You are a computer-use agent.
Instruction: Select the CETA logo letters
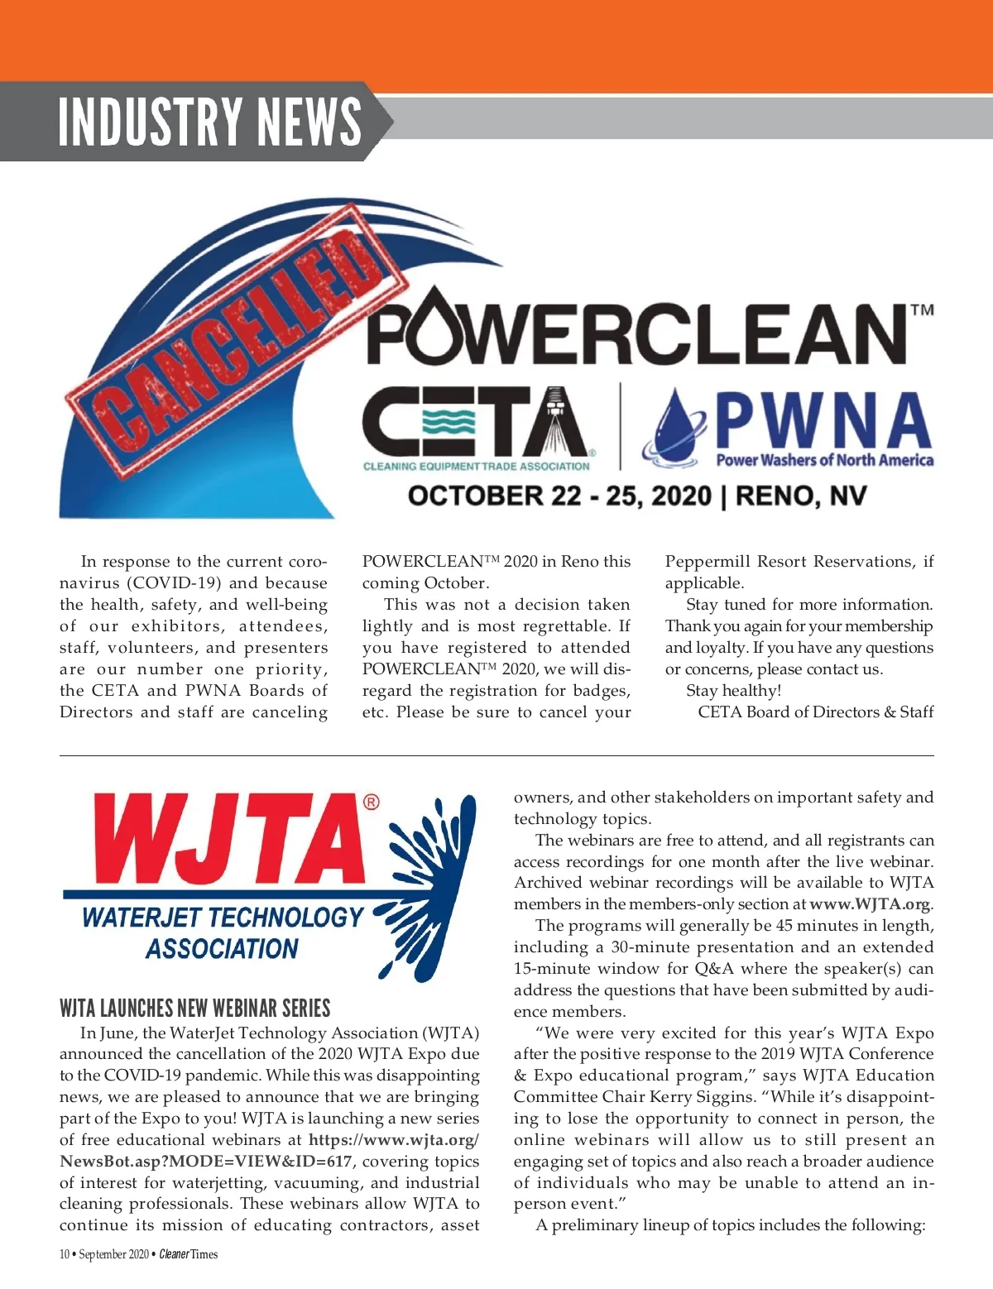(x=476, y=422)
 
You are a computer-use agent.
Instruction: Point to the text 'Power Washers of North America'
(x=824, y=460)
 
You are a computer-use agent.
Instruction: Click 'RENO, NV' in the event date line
(x=800, y=496)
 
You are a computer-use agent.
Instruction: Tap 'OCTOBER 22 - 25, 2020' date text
(x=559, y=496)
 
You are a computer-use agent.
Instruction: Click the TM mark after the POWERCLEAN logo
(x=922, y=311)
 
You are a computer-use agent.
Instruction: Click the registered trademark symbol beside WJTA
(x=372, y=803)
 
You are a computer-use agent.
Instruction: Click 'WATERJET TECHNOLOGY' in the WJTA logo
(x=222, y=917)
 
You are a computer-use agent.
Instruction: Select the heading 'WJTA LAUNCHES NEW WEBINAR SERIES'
(x=194, y=1008)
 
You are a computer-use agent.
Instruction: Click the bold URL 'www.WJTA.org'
(x=869, y=904)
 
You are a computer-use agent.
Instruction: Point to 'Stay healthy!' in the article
(x=733, y=690)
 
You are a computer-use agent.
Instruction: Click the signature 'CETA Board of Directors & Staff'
(x=815, y=712)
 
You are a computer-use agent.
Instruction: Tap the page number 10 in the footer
(x=65, y=1254)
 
